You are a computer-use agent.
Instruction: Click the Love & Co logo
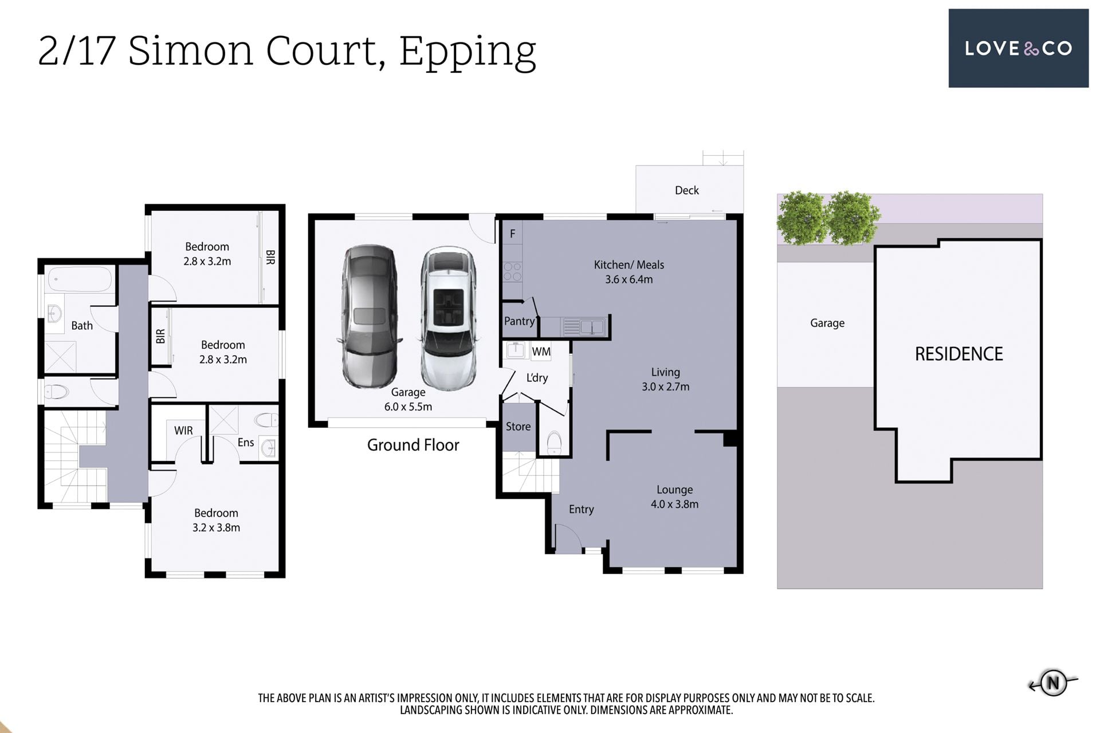[x=1018, y=48]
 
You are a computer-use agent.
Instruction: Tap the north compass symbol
[x=1053, y=683]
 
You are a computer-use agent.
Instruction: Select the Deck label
[x=686, y=190]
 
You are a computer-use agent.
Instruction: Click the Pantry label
[x=520, y=321]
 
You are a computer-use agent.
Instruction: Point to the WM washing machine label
[x=541, y=352]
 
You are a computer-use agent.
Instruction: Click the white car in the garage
[x=448, y=318]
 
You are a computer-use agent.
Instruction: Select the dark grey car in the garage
[x=370, y=316]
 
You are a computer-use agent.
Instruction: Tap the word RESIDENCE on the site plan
[x=958, y=354]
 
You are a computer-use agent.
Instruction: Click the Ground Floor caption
[x=413, y=445]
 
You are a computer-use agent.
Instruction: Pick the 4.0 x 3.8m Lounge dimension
[x=674, y=504]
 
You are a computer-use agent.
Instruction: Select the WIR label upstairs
[x=183, y=431]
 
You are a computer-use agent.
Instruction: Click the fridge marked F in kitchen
[x=512, y=234]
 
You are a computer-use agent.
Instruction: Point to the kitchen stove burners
[x=512, y=272]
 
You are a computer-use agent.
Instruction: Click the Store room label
[x=518, y=427]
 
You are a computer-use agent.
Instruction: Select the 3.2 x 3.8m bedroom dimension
[x=216, y=527]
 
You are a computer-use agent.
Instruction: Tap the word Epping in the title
[x=467, y=52]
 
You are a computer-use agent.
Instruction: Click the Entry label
[x=581, y=509]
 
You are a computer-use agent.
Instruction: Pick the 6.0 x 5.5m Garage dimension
[x=408, y=407]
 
